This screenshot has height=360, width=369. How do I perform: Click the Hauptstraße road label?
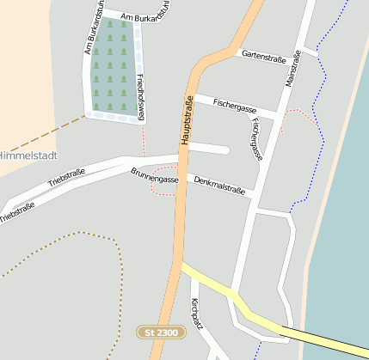186,119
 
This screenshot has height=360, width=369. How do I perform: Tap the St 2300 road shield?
161,331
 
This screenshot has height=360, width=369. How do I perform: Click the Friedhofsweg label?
142,95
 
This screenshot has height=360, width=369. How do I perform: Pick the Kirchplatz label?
195,314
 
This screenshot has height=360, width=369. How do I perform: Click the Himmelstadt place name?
28,156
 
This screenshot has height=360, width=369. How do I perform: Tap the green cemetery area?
113,64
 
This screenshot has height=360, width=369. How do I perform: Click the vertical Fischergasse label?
255,138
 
